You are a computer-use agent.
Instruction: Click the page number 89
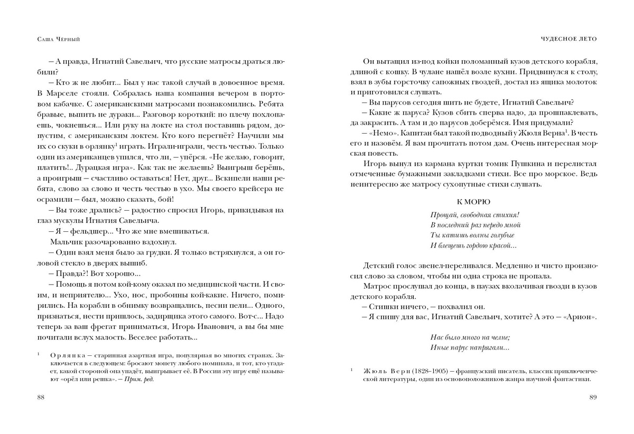pyautogui.click(x=592, y=398)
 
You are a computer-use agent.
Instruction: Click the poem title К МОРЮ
pyautogui.click(x=473, y=202)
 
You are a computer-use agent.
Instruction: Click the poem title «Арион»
pyautogui.click(x=579, y=317)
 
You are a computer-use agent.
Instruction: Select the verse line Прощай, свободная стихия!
pyautogui.click(x=474, y=215)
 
